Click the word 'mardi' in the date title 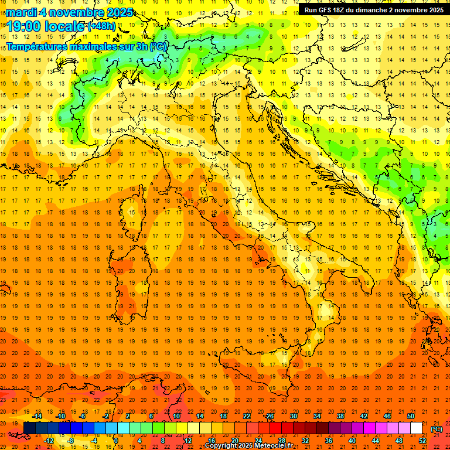click(x=21, y=12)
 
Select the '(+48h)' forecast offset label click(x=101, y=26)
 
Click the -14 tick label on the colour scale click(x=38, y=416)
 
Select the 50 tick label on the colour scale click(x=410, y=416)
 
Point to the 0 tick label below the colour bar click(x=116, y=441)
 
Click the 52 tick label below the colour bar click(x=422, y=441)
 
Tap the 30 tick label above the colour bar click(x=293, y=416)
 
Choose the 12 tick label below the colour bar click(x=188, y=441)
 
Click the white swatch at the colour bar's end click(x=416, y=428)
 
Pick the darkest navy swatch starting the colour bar click(x=29, y=428)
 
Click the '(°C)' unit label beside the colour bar click(x=437, y=429)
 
